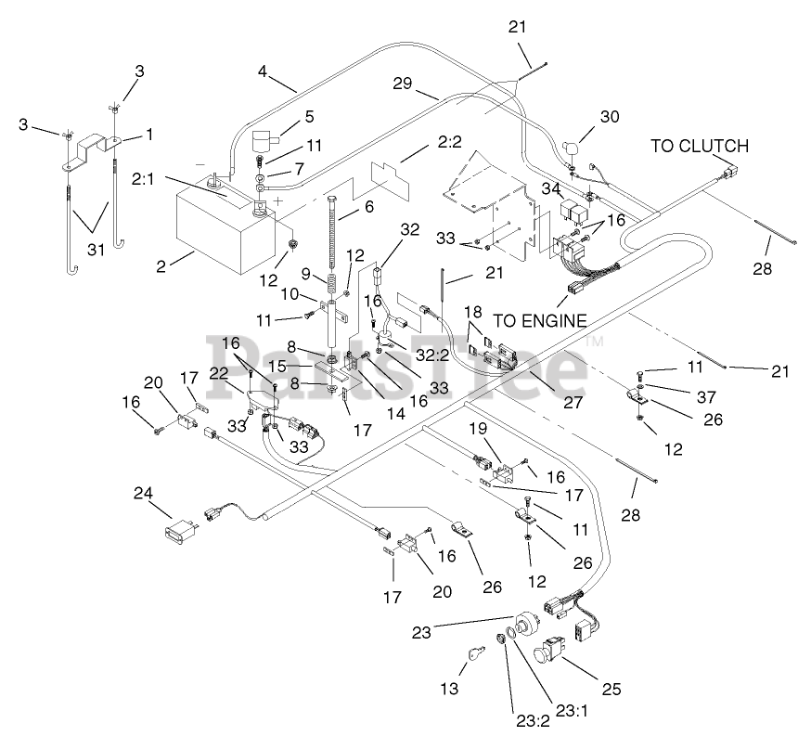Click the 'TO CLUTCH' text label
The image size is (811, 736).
[700, 147]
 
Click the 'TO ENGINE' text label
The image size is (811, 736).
[540, 321]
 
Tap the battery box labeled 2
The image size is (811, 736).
[226, 228]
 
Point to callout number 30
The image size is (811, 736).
[610, 116]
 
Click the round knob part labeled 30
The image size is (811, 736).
[571, 148]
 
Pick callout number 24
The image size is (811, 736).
[143, 493]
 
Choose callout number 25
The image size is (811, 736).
[611, 689]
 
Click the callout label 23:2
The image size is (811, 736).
[534, 720]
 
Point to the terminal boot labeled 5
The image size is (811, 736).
[264, 140]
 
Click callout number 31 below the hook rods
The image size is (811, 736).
[96, 250]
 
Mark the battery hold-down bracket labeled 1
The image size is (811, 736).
[92, 151]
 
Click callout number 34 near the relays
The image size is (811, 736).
[551, 188]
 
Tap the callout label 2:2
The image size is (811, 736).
[449, 141]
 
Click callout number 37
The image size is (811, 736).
[706, 396]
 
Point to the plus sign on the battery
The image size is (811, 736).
[278, 200]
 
